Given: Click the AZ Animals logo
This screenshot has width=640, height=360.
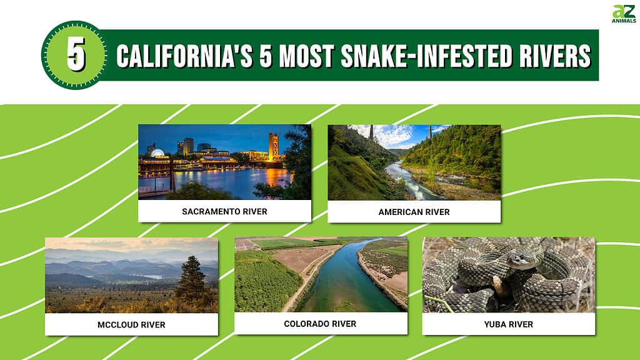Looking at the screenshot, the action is coord(624,14).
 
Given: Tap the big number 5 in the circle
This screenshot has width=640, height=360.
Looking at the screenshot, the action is coord(76,54).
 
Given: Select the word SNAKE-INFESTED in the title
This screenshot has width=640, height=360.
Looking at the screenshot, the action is coord(426,56).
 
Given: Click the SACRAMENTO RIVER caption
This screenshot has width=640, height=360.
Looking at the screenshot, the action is coord(224,211).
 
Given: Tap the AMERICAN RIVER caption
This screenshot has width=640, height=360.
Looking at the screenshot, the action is coord(414,212).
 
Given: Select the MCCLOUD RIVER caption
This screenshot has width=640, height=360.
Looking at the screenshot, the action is coord(131,325).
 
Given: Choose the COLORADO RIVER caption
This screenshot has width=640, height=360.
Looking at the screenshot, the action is coord(320,324).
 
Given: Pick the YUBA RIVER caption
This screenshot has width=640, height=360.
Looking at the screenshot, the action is coord(509,324).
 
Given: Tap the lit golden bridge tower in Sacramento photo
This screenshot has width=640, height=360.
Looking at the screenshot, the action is coord(274,147).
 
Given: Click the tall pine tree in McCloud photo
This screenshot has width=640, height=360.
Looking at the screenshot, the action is coord(191,279).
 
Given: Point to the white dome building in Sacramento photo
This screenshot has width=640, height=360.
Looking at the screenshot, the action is coord(157,153).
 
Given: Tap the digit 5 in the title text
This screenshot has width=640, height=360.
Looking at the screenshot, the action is coord(265,56).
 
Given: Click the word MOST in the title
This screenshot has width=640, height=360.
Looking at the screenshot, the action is coord(306,56).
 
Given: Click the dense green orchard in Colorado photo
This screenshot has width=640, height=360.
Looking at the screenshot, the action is coord(265,282).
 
